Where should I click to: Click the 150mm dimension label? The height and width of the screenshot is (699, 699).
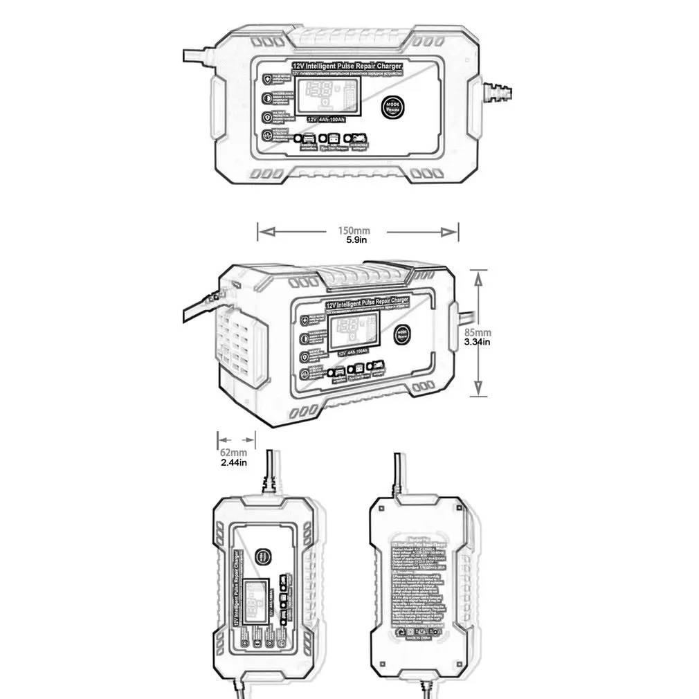[354, 230]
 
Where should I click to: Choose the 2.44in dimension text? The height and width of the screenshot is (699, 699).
[233, 462]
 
